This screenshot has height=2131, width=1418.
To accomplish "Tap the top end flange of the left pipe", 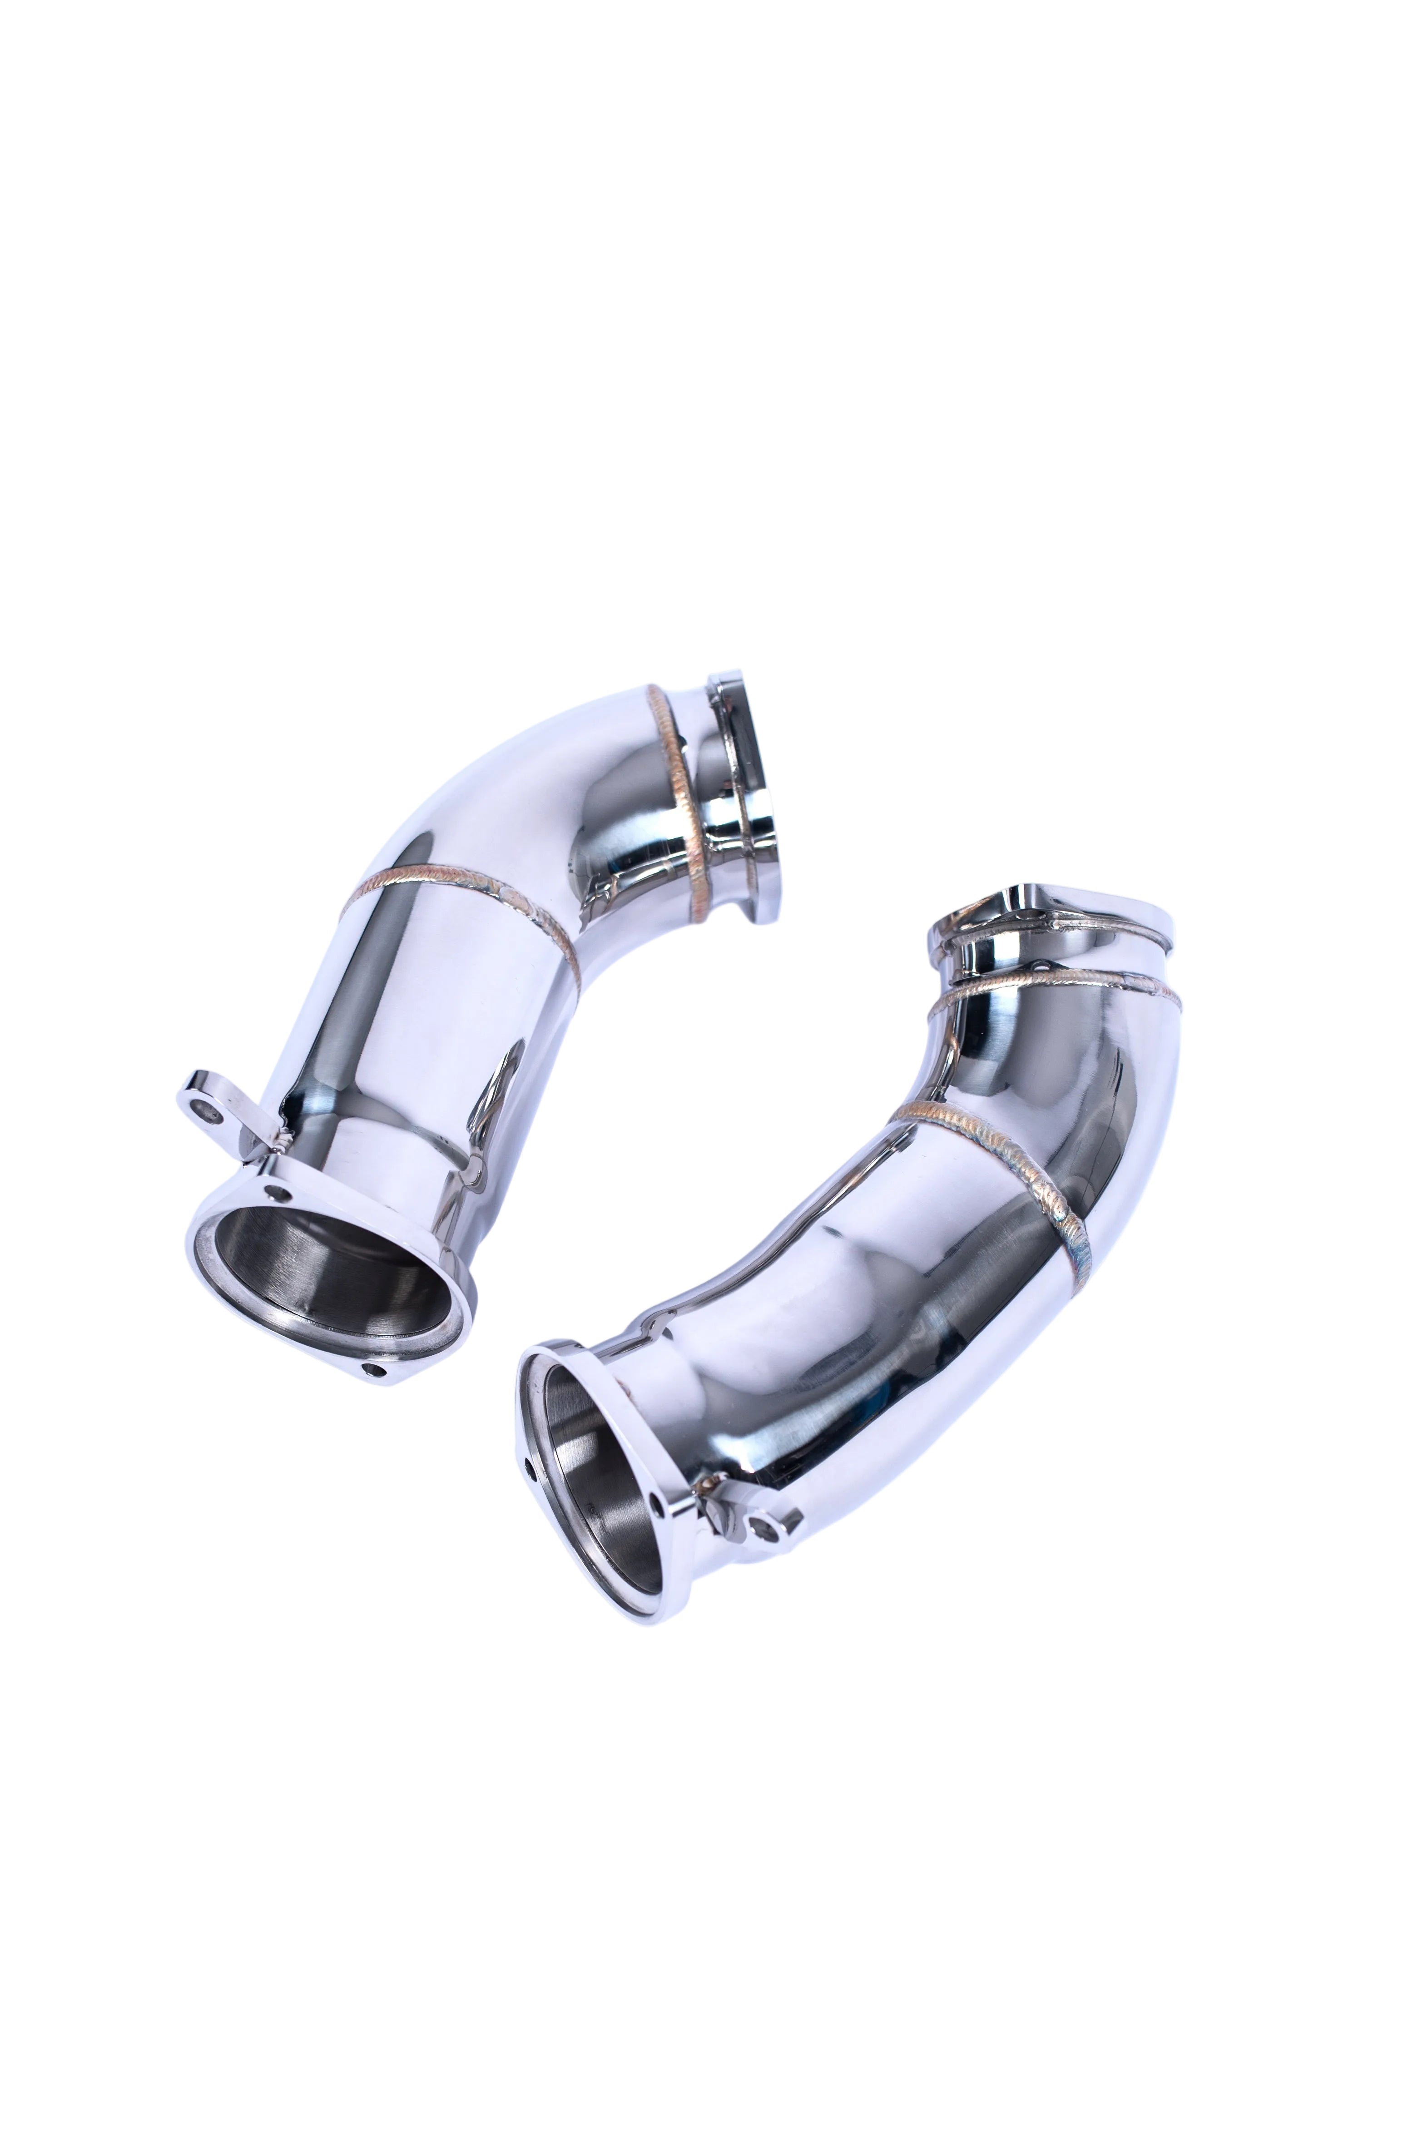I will pyautogui.click(x=742, y=764).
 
